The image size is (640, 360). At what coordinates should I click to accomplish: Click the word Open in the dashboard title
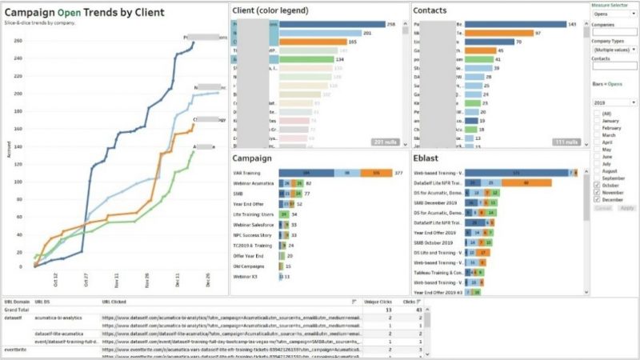pyautogui.click(x=70, y=13)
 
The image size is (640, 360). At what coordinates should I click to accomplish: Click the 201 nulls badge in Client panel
pyautogui.click(x=389, y=142)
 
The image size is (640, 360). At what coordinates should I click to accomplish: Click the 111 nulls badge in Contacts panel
pyautogui.click(x=566, y=142)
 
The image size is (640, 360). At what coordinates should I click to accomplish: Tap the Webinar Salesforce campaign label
pyautogui.click(x=254, y=225)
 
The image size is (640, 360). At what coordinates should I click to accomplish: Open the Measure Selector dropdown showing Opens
pyautogui.click(x=614, y=14)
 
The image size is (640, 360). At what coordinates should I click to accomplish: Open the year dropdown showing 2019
pyautogui.click(x=614, y=103)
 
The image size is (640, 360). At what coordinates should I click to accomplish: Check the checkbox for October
pyautogui.click(x=597, y=185)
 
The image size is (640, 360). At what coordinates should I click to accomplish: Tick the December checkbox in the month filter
pyautogui.click(x=597, y=199)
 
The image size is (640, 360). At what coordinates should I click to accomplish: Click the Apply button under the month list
pyautogui.click(x=626, y=207)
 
